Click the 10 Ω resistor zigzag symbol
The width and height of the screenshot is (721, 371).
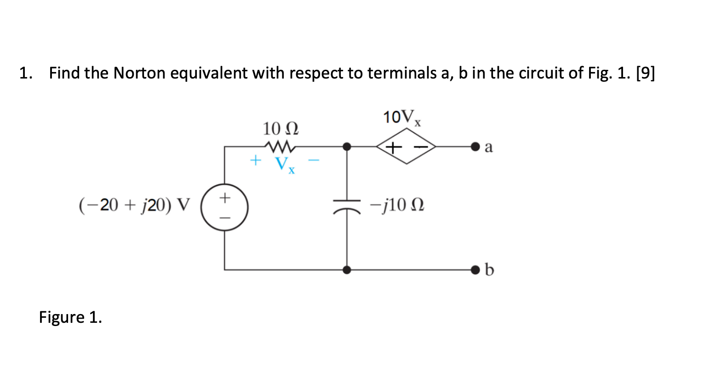coord(280,147)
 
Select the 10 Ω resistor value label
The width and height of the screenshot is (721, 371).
coord(280,128)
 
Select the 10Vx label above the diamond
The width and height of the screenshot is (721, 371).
coord(402,118)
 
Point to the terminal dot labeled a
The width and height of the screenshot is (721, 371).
coord(475,147)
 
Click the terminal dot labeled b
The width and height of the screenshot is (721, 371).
coord(475,270)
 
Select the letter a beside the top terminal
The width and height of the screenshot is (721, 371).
coord(489,147)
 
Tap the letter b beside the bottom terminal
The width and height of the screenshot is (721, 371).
coord(489,270)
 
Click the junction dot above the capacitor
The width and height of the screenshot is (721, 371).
coord(348,147)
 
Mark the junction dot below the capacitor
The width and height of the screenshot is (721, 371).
coord(348,270)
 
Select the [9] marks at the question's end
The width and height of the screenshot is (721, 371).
coord(645,73)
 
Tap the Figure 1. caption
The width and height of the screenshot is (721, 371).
coord(70,317)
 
